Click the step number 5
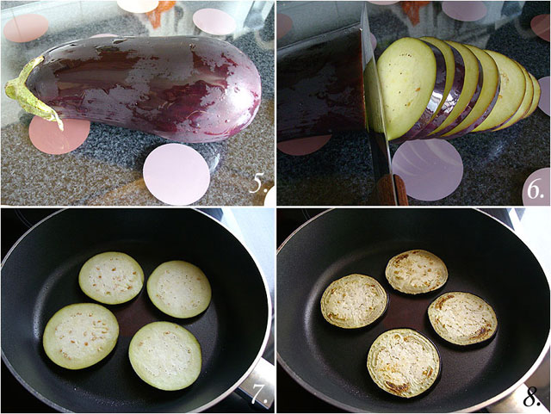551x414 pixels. [258, 183]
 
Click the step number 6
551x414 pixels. [536, 190]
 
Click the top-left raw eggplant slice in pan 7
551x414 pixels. [111, 278]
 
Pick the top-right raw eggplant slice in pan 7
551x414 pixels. [179, 289]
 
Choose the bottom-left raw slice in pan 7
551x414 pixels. [81, 336]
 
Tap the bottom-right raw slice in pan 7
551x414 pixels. [165, 355]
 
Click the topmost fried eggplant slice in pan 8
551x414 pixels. [417, 272]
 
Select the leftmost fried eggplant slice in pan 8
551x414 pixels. [354, 301]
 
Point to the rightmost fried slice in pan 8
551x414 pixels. [462, 318]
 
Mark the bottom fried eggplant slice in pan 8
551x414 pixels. [404, 363]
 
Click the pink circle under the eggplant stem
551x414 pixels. [59, 135]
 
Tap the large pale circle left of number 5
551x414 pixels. [176, 174]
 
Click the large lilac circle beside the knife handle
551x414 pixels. [428, 170]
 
